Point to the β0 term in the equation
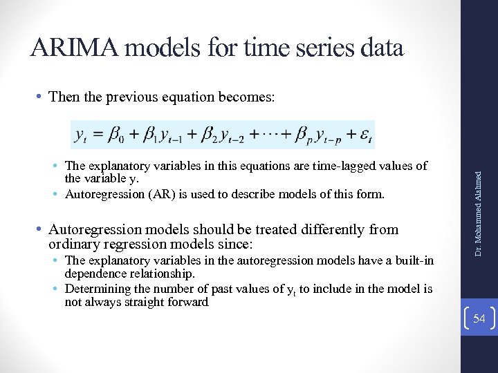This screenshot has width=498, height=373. click(x=116, y=135)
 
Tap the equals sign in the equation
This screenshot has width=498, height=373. click(x=98, y=135)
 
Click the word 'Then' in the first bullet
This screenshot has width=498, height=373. click(x=64, y=97)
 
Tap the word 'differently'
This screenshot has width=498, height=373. click(x=325, y=229)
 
